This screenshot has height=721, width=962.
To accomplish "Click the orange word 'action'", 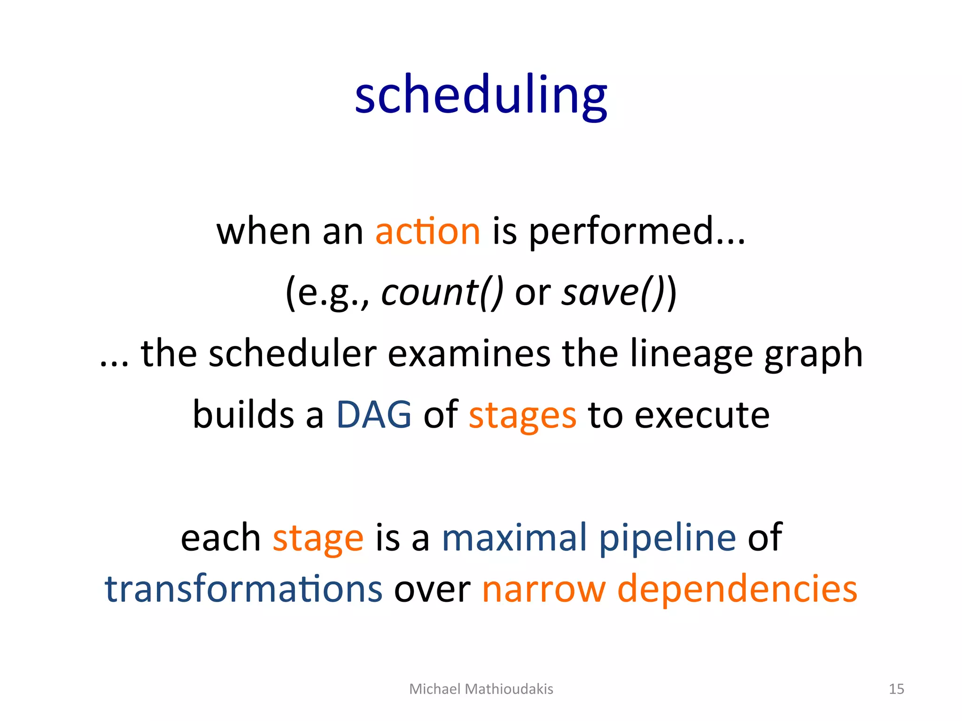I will click(x=427, y=231).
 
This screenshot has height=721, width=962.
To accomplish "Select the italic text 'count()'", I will click(x=442, y=292).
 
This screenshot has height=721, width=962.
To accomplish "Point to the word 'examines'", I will click(x=469, y=353).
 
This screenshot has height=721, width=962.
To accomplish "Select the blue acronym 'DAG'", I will click(x=374, y=415).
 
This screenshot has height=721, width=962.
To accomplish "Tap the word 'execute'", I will click(x=702, y=415).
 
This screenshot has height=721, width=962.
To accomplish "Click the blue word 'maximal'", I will click(x=514, y=537).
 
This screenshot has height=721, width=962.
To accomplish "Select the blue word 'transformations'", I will click(x=243, y=589).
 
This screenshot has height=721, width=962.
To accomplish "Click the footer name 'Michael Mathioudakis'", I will click(x=481, y=689).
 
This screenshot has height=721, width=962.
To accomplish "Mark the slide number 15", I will click(x=896, y=689).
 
